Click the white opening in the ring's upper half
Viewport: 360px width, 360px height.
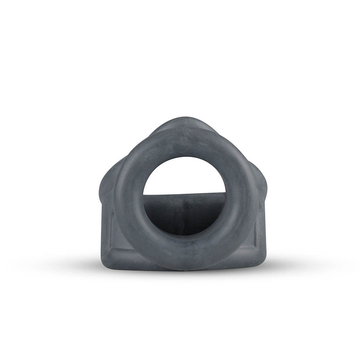coord(184,176)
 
